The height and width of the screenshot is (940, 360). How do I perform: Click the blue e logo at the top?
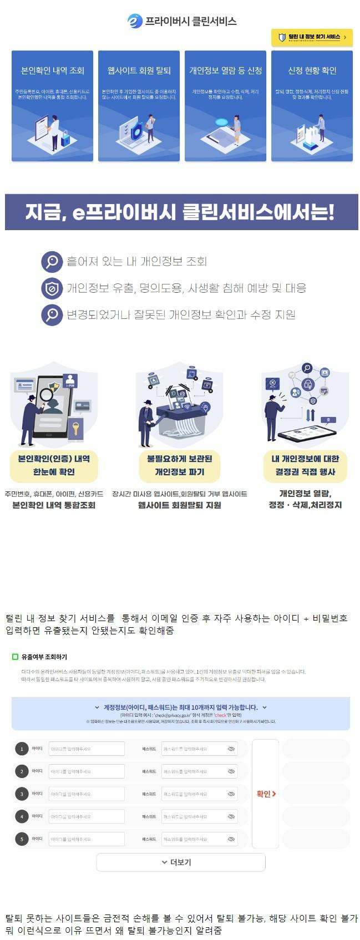coord(135,21)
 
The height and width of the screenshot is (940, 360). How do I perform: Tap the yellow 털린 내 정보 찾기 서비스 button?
coord(312,37)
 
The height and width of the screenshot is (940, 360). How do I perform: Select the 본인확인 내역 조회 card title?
coord(53,70)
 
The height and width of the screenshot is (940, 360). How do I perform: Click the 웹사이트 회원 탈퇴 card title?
coord(139,70)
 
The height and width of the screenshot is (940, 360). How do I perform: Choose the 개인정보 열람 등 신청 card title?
coord(225,70)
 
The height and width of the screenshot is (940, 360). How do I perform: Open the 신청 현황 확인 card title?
coord(312,70)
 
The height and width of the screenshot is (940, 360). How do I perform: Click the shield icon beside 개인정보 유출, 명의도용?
coord(52,288)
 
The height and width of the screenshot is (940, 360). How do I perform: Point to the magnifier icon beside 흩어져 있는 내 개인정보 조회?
coord(52,261)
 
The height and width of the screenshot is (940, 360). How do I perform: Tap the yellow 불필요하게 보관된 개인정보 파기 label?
coord(179,465)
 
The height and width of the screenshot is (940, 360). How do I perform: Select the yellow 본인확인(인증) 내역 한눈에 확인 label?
coord(54,465)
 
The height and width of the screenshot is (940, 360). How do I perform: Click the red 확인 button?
coord(266,794)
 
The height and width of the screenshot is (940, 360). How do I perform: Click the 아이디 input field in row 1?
coord(87,749)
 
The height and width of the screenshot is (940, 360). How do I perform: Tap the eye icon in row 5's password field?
coord(231,839)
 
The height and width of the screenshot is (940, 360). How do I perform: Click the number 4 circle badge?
coord(22,816)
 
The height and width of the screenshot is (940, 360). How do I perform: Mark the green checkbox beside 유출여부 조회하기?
coord(16,657)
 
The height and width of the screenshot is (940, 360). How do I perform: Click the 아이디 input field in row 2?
coord(87,771)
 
